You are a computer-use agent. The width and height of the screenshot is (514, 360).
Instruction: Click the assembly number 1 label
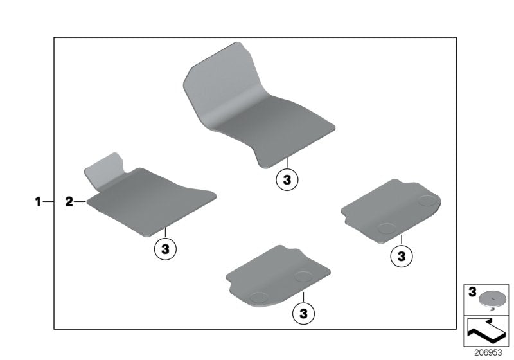pos(38,202)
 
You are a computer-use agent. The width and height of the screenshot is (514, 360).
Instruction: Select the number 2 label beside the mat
pos(69,202)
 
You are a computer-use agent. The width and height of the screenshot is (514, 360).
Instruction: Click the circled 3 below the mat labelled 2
pos(165,248)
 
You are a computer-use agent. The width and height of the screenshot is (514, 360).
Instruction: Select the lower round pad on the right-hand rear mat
pos(386,227)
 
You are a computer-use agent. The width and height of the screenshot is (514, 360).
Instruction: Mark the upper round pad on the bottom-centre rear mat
pos(303,275)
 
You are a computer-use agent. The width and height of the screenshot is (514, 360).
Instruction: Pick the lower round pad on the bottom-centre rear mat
pos(260,296)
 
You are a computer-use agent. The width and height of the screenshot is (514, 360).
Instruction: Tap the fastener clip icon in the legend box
pos(492,298)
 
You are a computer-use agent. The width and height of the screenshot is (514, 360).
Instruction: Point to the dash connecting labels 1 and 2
pos(49,202)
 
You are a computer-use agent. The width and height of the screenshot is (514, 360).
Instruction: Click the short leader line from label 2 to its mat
pos(80,202)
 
